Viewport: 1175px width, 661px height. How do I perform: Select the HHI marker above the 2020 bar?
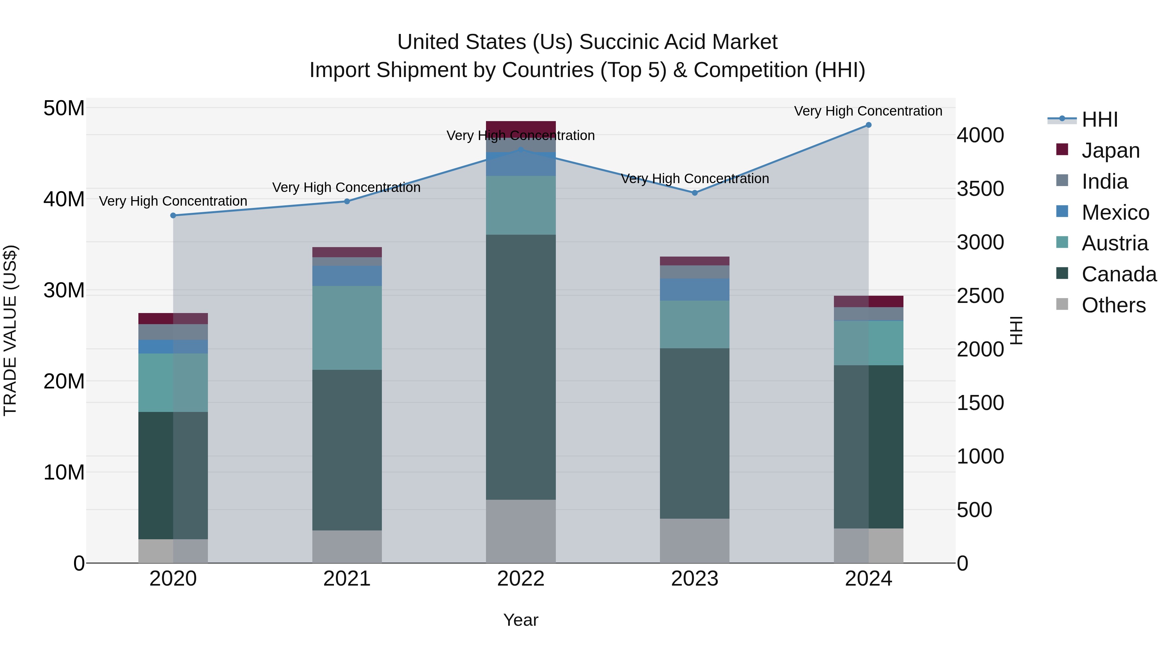point(173,215)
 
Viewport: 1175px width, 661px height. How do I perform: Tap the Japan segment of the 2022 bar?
point(521,129)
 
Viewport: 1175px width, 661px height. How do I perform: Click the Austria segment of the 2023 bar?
point(694,324)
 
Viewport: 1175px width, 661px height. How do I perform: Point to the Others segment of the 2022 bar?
point(521,531)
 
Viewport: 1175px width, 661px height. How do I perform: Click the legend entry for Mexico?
point(1115,212)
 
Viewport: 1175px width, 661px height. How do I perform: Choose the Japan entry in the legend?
point(1110,150)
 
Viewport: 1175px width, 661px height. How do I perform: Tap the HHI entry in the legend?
point(1099,119)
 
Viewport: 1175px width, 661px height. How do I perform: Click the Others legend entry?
point(1113,305)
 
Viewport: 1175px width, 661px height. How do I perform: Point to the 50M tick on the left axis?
point(64,109)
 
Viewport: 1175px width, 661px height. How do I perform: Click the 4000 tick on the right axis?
point(980,135)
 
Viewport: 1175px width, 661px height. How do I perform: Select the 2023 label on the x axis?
point(694,579)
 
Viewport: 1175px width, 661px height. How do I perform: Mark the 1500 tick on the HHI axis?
point(980,403)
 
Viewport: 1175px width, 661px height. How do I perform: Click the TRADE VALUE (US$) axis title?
point(10,330)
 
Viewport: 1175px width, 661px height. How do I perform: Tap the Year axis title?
point(521,620)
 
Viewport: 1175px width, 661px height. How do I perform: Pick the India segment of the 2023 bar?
point(694,272)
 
